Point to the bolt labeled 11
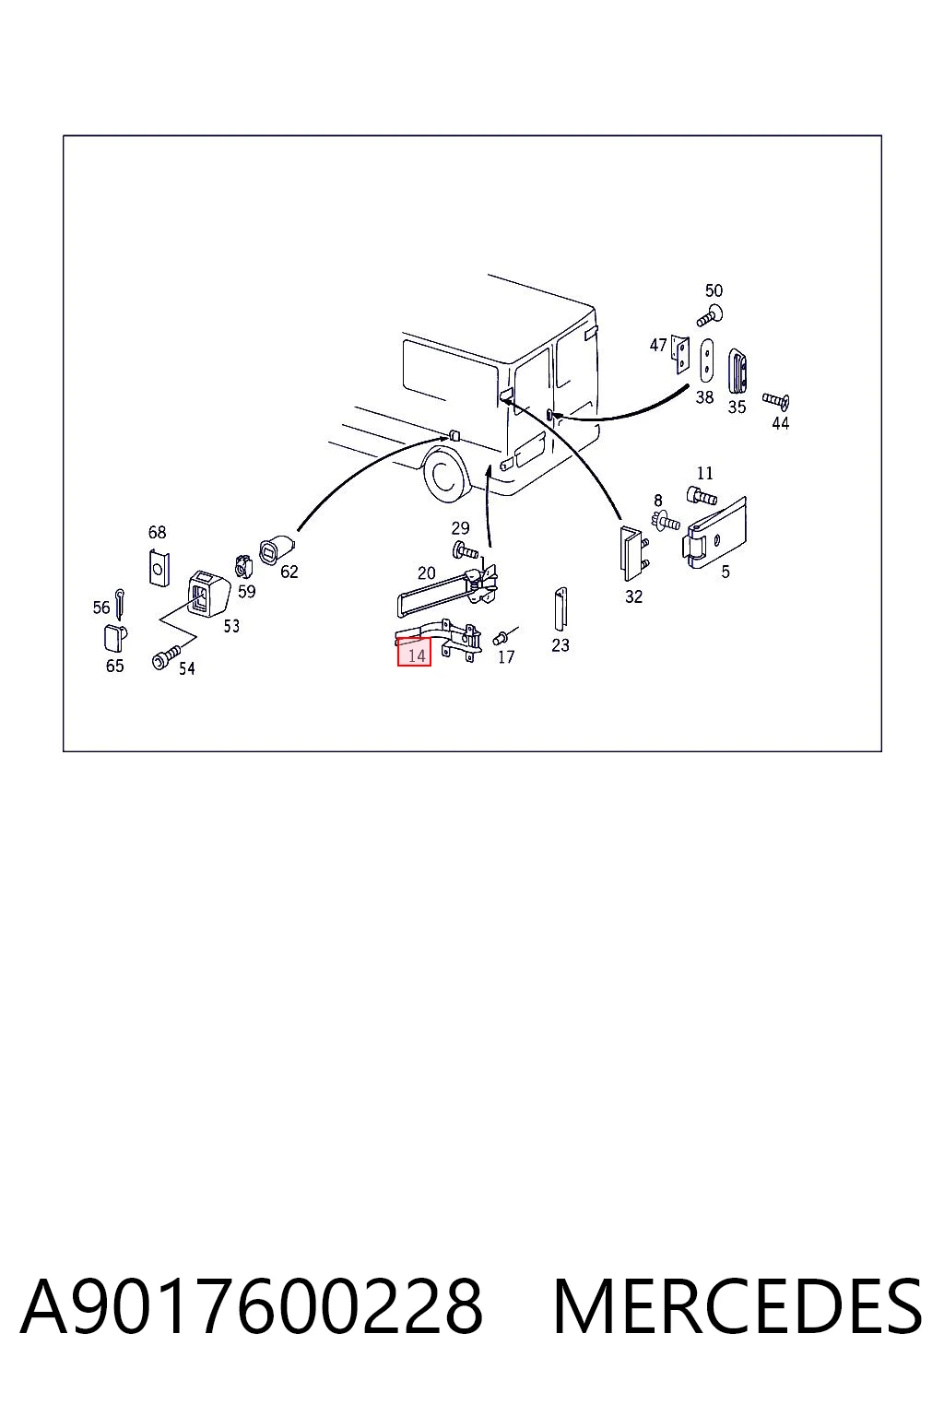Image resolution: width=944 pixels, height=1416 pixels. coord(702,496)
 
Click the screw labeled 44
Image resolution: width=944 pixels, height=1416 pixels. coord(776,400)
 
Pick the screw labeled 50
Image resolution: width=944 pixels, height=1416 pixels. coord(710,316)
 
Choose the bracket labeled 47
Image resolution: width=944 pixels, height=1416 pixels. coord(680,354)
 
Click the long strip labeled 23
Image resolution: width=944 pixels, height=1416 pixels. coord(560,609)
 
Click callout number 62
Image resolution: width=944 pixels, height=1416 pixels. coord(289,572)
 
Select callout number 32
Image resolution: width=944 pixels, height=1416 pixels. coord(633,596)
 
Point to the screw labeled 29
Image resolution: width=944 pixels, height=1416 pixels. coord(465,550)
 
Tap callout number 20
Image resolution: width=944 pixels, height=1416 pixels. coord(427,572)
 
